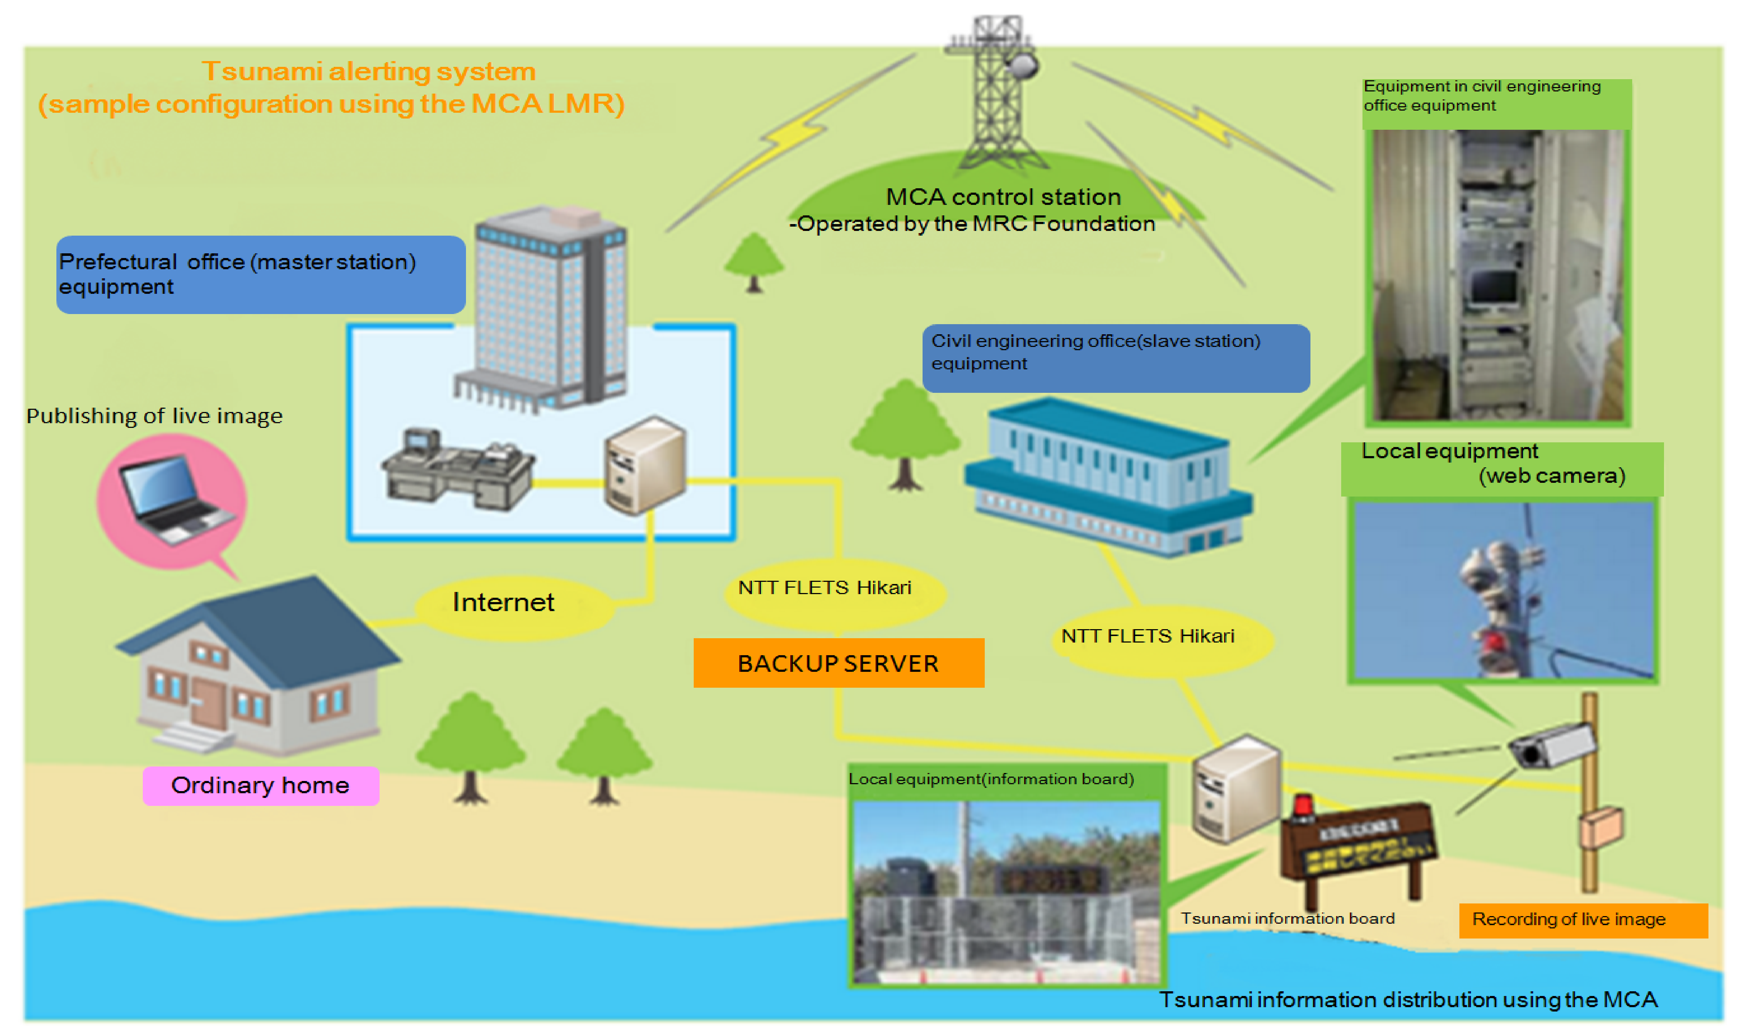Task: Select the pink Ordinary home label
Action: [260, 785]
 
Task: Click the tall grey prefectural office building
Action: [548, 307]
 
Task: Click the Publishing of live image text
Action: [154, 416]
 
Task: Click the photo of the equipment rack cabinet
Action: [1497, 275]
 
